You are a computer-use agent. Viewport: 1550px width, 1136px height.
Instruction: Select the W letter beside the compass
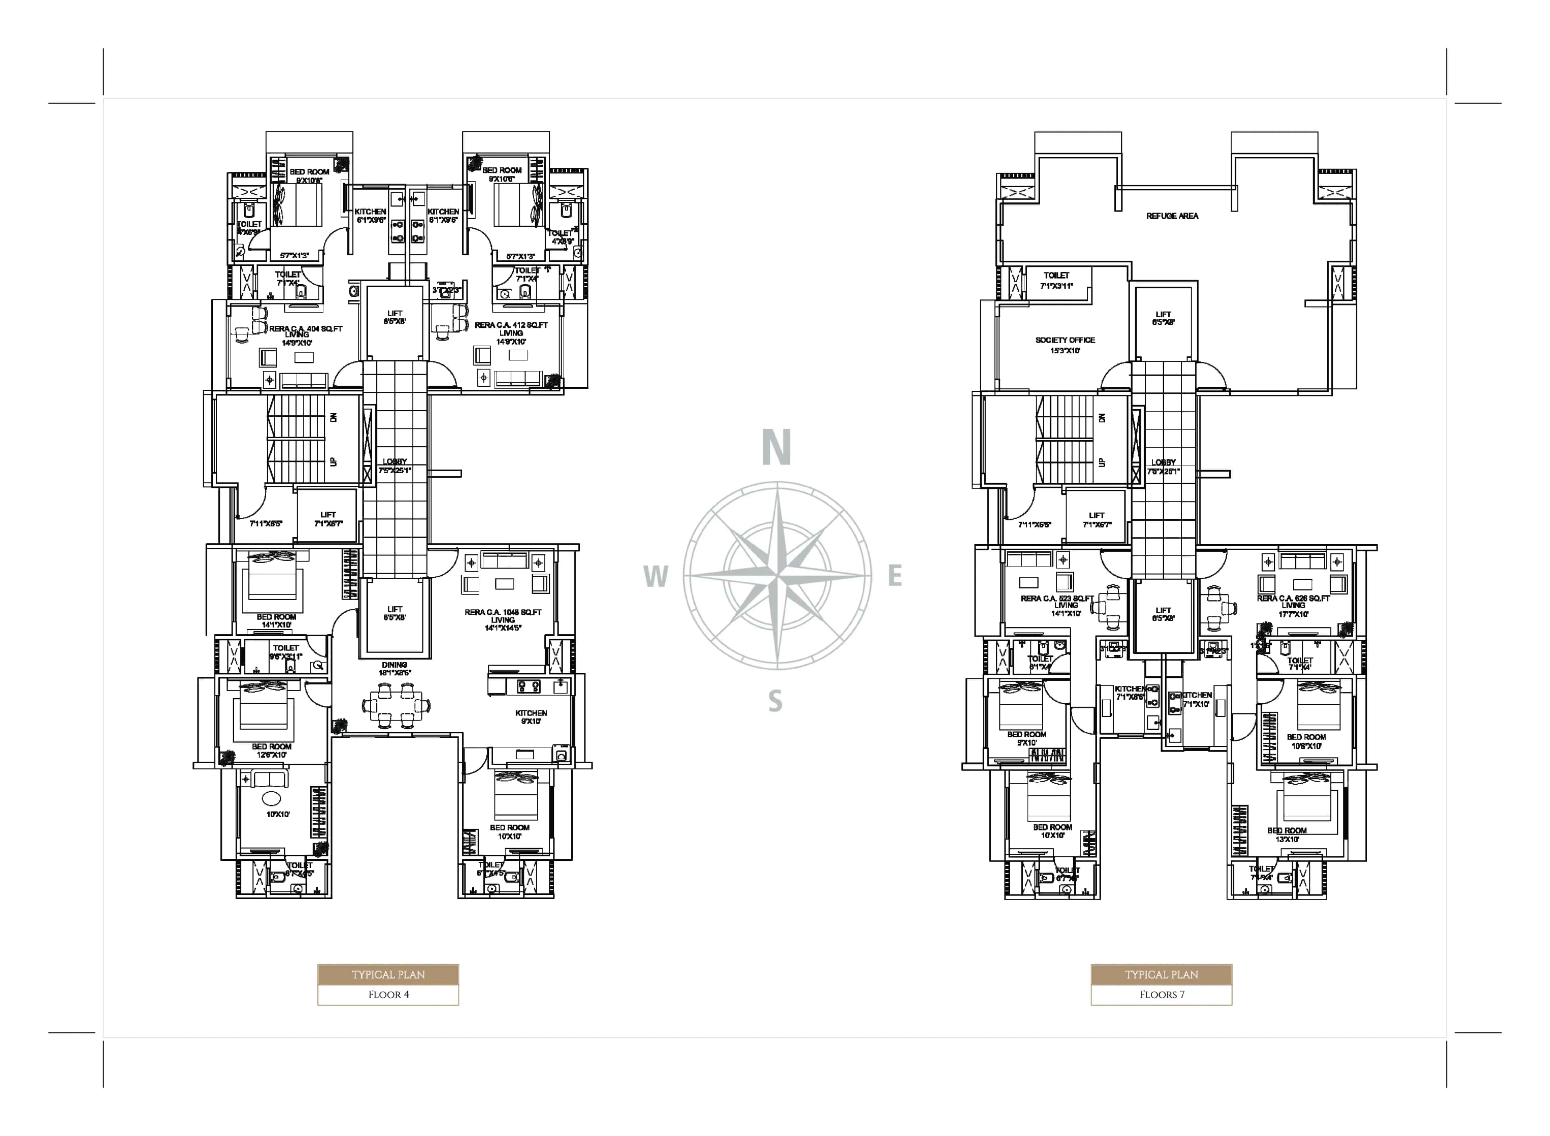coord(656,576)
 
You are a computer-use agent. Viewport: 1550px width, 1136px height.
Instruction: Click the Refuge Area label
coord(1172,216)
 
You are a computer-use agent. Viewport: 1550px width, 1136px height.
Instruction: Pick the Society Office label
coord(1064,340)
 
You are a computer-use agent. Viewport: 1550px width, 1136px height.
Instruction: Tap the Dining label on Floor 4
coord(394,665)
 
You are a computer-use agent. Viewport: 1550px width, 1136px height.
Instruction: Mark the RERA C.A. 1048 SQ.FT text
coord(503,612)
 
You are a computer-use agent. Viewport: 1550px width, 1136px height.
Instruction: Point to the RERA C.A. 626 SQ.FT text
coord(1293,598)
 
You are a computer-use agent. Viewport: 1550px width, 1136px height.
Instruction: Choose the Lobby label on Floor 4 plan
coord(395,462)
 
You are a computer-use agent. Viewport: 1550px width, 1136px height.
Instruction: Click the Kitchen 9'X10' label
coord(531,717)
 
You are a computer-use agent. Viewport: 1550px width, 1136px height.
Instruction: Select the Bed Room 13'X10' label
coord(1286,835)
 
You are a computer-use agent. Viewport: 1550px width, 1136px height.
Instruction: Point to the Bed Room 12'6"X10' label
coord(271,750)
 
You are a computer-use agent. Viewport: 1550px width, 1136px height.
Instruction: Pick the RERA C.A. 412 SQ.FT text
coord(511,325)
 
